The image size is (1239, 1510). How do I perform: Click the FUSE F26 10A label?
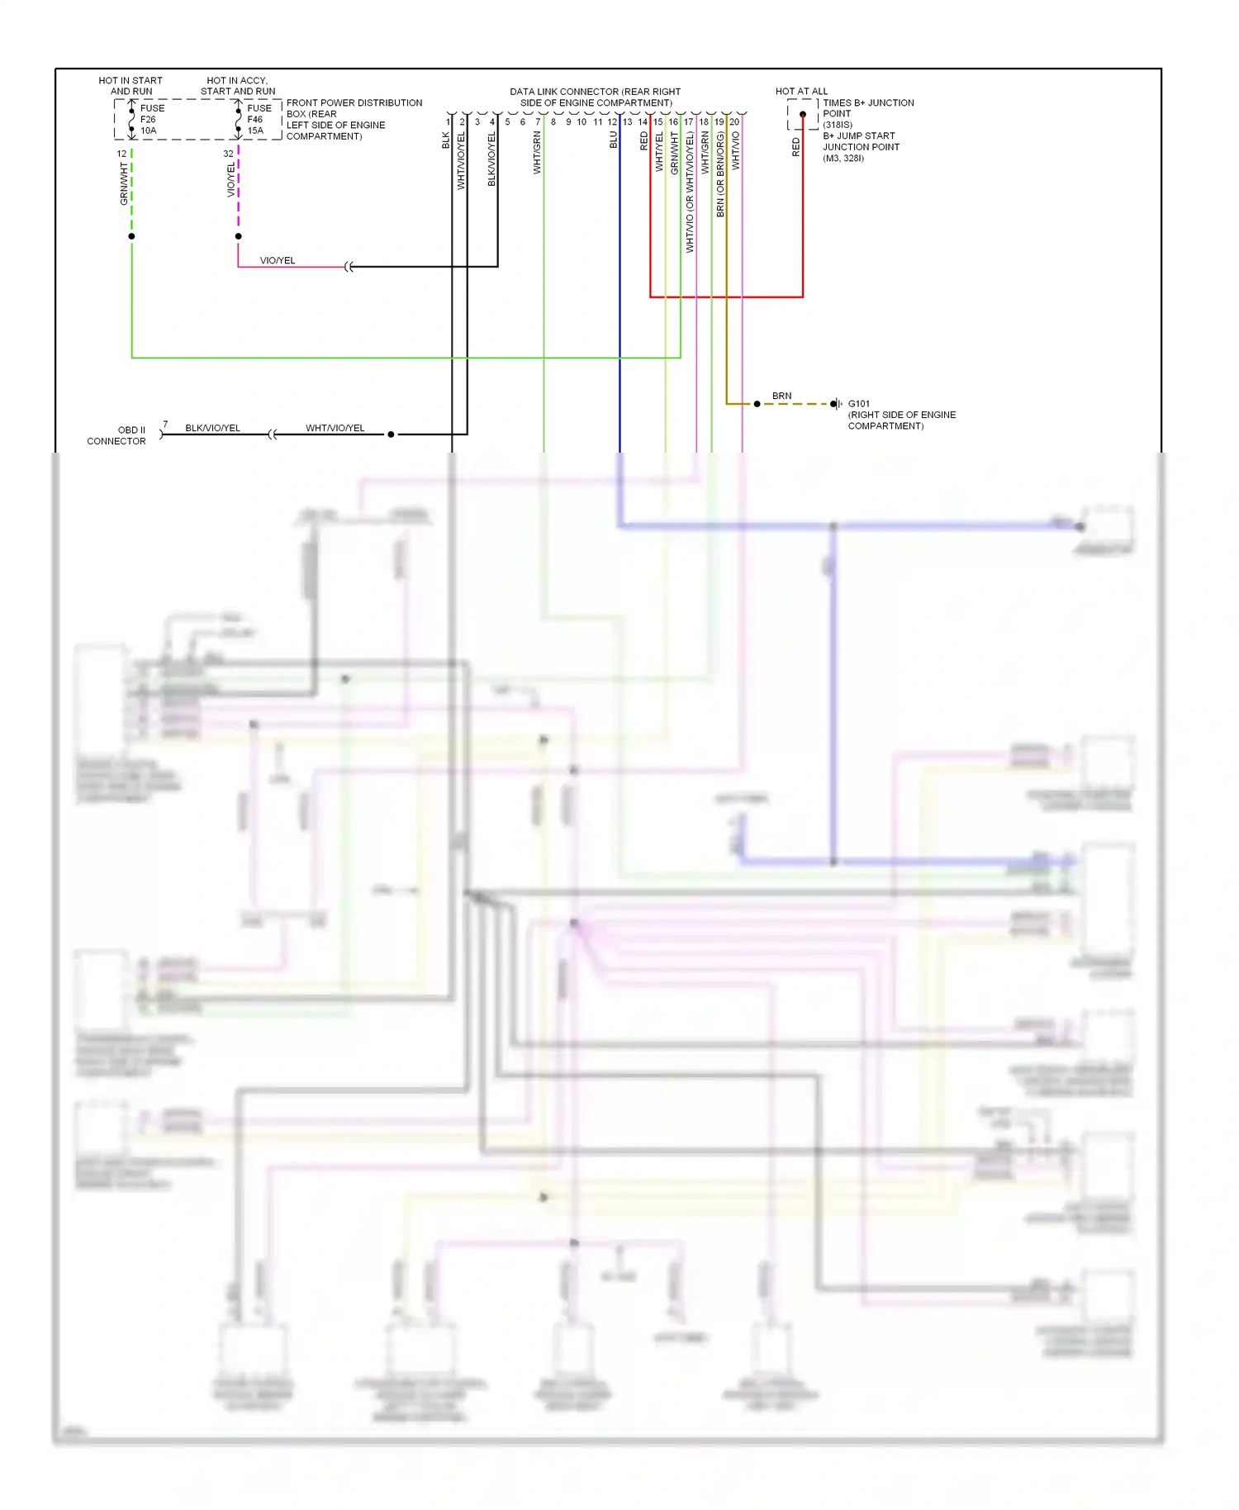151,119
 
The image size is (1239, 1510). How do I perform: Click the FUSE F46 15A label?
258,119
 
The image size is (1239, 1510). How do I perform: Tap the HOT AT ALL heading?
800,92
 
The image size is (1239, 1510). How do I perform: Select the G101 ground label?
858,404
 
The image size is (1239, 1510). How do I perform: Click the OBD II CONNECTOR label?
116,435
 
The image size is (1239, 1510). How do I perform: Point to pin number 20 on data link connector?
734,122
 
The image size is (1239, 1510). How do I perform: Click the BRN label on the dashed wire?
781,396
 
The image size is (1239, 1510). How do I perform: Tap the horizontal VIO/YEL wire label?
277,260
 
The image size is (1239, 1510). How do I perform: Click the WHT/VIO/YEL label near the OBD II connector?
335,428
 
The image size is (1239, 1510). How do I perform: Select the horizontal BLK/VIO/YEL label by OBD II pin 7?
212,428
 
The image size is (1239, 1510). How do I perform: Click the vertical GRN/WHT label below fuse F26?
124,183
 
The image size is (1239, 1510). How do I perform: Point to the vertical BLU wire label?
614,140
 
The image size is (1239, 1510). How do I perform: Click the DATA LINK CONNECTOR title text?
595,97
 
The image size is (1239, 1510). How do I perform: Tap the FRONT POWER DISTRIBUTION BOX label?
354,119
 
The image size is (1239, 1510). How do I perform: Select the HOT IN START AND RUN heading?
131,86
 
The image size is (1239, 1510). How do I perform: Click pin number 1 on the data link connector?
448,122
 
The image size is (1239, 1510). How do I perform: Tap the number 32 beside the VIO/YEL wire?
228,154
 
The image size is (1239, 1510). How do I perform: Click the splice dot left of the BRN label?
757,404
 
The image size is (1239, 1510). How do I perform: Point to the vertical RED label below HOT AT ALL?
795,147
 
